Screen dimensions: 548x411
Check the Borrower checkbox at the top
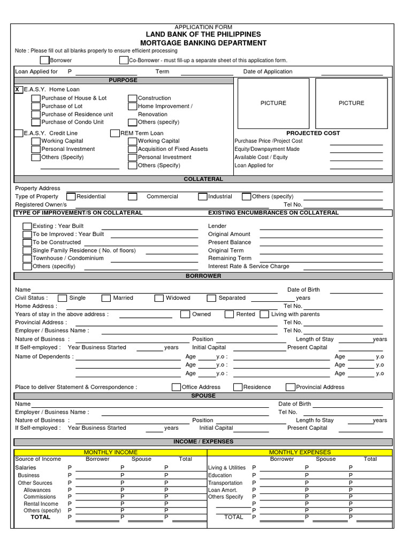(44, 60)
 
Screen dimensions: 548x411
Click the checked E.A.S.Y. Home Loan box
(19, 89)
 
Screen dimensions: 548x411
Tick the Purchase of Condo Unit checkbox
(36, 122)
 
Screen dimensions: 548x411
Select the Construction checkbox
(133, 98)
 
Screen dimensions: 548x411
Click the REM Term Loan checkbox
(115, 133)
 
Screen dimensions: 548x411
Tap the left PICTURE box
(273, 103)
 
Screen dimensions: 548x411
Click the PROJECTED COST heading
(313, 133)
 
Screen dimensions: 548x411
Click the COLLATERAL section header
(203, 179)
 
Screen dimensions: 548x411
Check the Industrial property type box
(203, 196)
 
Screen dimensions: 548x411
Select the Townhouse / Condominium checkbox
(27, 258)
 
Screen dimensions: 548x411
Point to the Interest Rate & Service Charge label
(248, 267)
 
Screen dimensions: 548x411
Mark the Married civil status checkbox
(106, 298)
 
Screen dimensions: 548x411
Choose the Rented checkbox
(229, 315)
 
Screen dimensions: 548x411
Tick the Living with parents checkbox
(264, 315)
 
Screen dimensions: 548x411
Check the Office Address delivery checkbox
(176, 387)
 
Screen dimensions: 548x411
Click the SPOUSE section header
(203, 396)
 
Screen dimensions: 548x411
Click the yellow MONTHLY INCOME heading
(111, 452)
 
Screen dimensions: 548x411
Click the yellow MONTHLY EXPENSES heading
(300, 452)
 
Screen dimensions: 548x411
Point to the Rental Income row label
(41, 504)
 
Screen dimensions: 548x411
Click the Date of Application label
(268, 72)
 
